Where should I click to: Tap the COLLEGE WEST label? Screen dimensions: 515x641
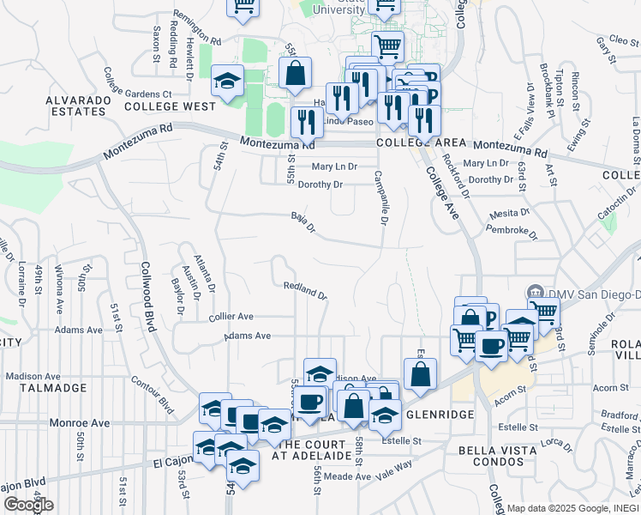coord(170,106)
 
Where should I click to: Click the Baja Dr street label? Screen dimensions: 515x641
coord(303,222)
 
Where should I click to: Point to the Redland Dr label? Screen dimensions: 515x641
coord(305,290)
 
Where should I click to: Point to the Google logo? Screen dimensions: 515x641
coord(28,505)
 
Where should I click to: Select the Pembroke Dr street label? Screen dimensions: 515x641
coord(510,227)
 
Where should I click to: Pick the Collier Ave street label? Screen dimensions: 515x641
coord(231,316)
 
